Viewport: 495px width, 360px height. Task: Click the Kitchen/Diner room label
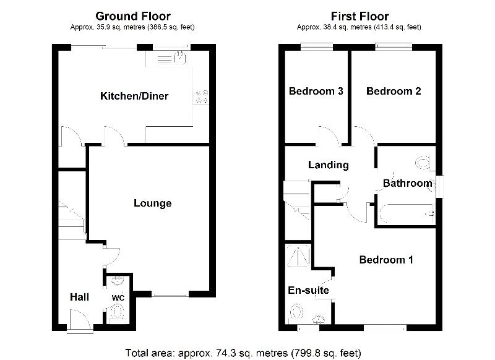click(x=134, y=96)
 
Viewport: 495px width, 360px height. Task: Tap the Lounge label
click(x=152, y=203)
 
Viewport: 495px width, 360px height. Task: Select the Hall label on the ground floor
click(x=79, y=298)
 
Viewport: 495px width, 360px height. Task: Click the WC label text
click(x=118, y=298)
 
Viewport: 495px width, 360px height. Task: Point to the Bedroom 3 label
click(x=316, y=91)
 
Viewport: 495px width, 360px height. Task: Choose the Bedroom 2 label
click(x=394, y=91)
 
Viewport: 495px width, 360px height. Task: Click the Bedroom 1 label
click(x=386, y=260)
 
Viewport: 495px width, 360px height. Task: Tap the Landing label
click(x=329, y=165)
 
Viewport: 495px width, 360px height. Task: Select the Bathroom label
click(x=407, y=183)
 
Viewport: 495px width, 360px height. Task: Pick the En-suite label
click(x=308, y=290)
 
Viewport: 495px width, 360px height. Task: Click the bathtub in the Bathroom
click(x=405, y=213)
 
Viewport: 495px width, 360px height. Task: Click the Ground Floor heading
click(x=134, y=15)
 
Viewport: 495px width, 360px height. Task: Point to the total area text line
click(x=243, y=353)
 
